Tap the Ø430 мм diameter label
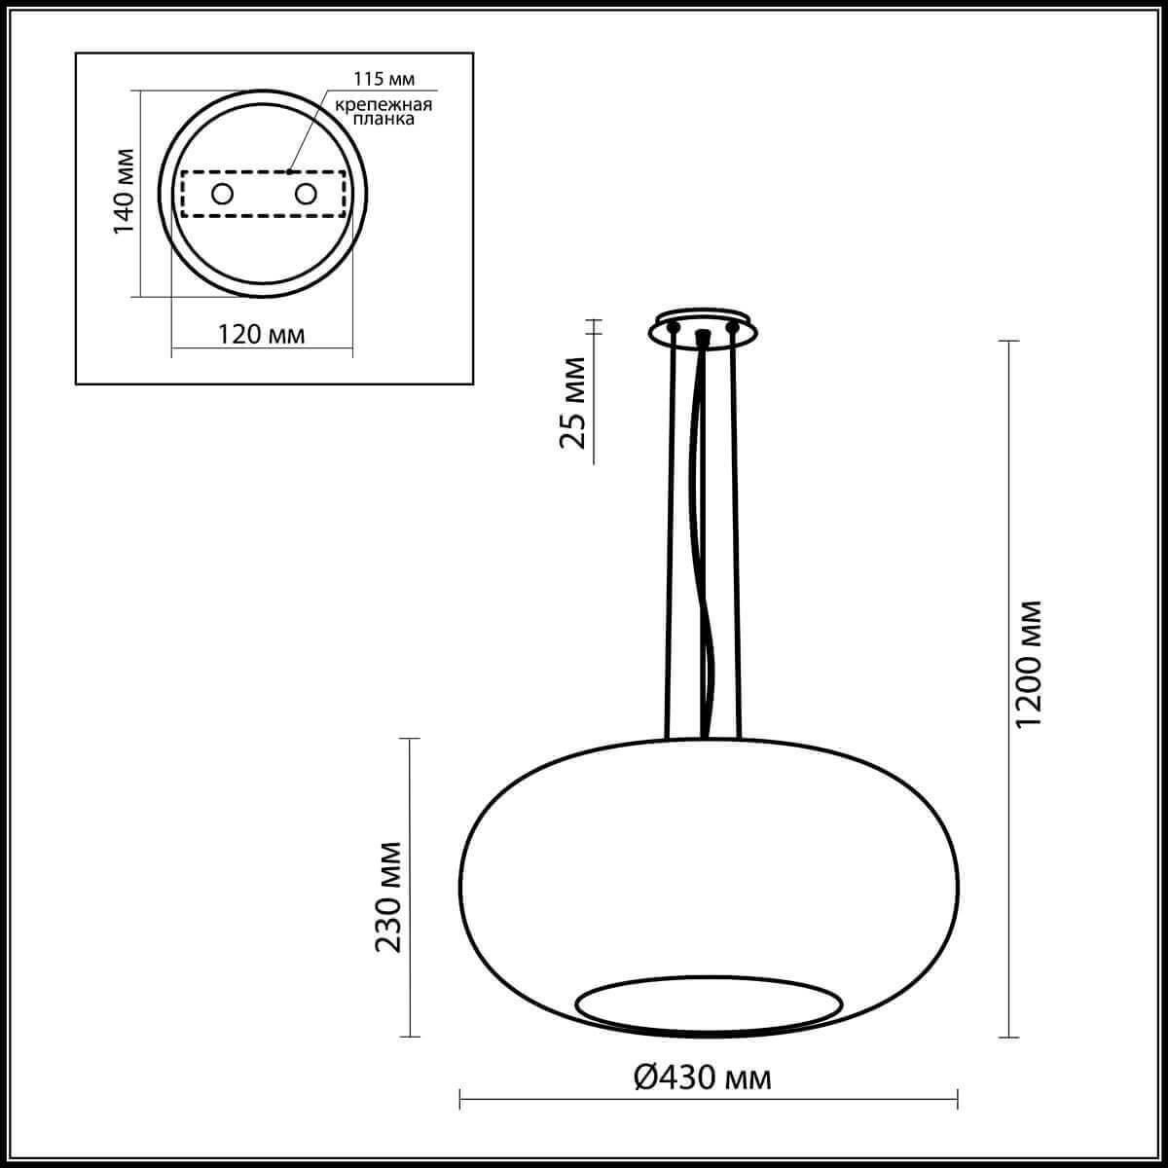point(702,1077)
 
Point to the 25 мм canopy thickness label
point(573,402)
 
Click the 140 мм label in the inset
point(124,192)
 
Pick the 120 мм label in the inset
point(261,335)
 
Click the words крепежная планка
point(383,112)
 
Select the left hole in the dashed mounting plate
point(223,194)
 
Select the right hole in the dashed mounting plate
point(306,194)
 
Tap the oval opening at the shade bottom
point(709,1003)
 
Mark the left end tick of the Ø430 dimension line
point(459,1100)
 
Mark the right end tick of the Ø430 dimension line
point(959,1100)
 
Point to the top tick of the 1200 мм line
point(1009,342)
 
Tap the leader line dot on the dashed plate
point(289,172)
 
